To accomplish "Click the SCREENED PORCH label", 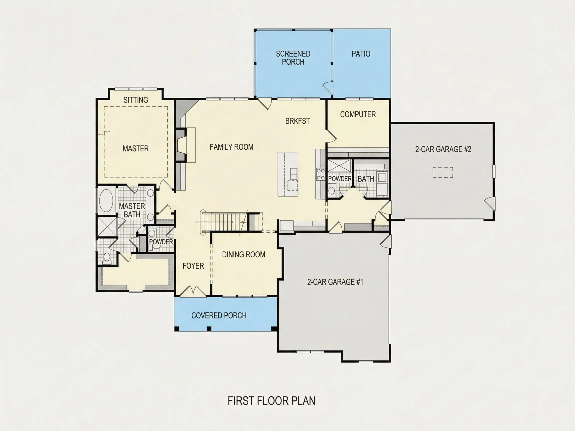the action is pyautogui.click(x=293, y=58).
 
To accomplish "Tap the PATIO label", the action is pyautogui.click(x=361, y=54).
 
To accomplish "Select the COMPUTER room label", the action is pyautogui.click(x=358, y=114).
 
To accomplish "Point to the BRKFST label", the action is pyautogui.click(x=297, y=121).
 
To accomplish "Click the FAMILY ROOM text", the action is pyautogui.click(x=231, y=147).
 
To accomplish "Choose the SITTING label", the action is pyautogui.click(x=136, y=100).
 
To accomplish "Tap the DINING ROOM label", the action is pyautogui.click(x=244, y=254).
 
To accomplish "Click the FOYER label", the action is pyautogui.click(x=193, y=266).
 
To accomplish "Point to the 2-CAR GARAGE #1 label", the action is pyautogui.click(x=335, y=282).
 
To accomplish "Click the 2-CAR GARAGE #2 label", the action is pyautogui.click(x=443, y=149).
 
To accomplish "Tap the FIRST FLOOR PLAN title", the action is pyautogui.click(x=271, y=401).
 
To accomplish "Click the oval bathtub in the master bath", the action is pyautogui.click(x=106, y=201).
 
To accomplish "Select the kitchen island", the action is pyautogui.click(x=288, y=174).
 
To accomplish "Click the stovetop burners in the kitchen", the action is pyautogui.click(x=321, y=174).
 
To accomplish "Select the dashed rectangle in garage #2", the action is pyautogui.click(x=443, y=172).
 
